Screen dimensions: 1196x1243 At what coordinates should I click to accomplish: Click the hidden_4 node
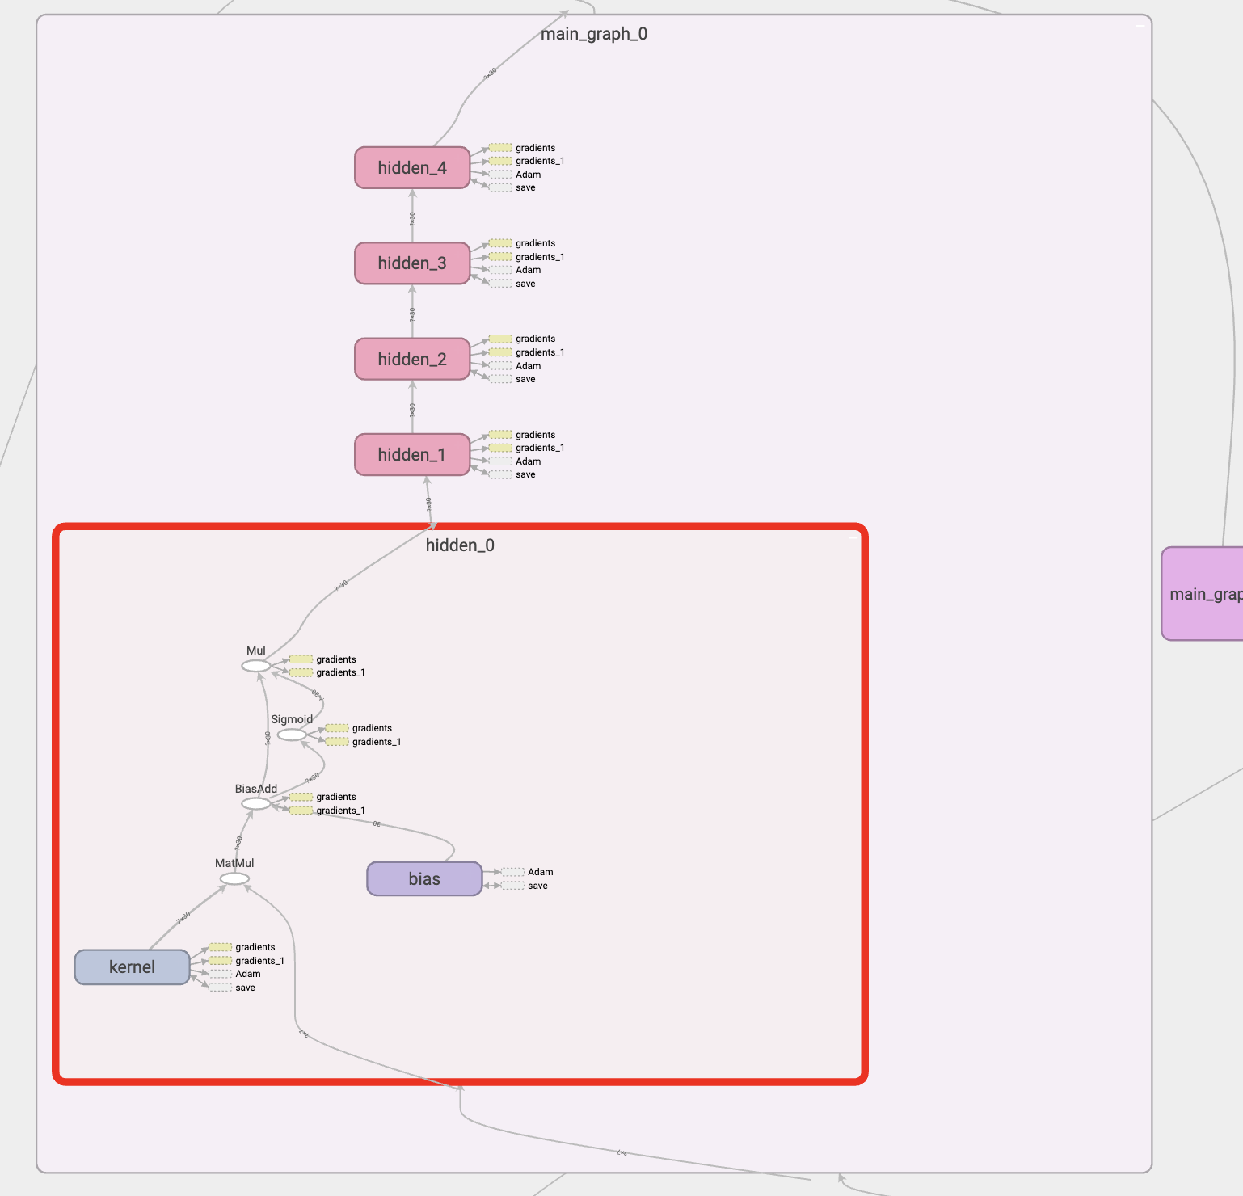[x=412, y=168]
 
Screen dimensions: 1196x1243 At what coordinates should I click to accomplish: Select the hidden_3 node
[x=412, y=263]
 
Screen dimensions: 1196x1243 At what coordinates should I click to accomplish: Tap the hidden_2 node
[x=412, y=360]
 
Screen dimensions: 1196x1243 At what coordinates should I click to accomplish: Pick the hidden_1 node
[x=412, y=455]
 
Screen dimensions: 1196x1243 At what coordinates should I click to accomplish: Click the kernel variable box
[x=132, y=967]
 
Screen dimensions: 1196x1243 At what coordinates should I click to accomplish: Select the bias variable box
[x=424, y=879]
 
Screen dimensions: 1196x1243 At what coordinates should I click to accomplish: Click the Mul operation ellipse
[x=256, y=666]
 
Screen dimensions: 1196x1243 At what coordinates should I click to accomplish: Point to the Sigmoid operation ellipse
[x=292, y=735]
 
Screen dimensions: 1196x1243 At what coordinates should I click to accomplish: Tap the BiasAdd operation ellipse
[x=256, y=804]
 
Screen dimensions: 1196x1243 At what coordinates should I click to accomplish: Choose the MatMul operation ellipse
[x=234, y=879]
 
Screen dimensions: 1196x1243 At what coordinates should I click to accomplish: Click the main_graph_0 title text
[x=594, y=34]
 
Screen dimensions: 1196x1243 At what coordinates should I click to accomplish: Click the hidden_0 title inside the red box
[x=460, y=545]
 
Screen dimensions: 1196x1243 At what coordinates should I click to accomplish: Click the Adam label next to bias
[x=540, y=872]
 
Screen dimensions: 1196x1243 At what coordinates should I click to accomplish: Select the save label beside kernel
[x=245, y=988]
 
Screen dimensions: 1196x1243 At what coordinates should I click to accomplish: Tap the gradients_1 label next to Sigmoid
[x=377, y=742]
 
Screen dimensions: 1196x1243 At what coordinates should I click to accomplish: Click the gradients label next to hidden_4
[x=535, y=148]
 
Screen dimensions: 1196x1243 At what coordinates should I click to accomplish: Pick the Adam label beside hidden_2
[x=528, y=366]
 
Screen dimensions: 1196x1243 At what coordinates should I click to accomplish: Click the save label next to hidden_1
[x=525, y=474]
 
